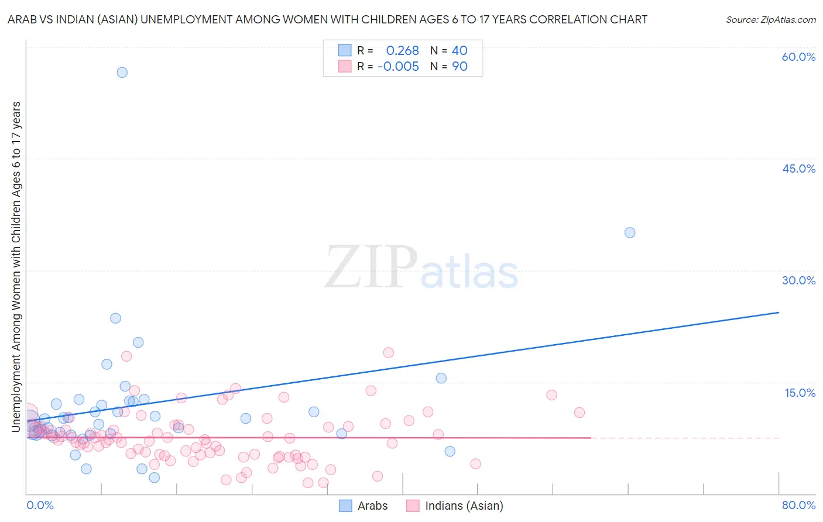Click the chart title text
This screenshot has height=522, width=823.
click(x=327, y=19)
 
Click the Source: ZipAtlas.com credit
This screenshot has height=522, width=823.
click(x=770, y=19)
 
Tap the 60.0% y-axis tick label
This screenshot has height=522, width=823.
click(x=798, y=57)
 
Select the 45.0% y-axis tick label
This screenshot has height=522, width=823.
click(x=798, y=169)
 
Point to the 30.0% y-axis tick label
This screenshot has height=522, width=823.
click(x=798, y=280)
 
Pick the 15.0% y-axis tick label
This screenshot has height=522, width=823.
click(x=800, y=393)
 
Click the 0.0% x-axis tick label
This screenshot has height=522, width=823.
click(x=40, y=505)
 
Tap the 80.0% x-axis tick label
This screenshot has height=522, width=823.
click(x=798, y=505)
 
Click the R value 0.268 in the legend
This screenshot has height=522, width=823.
click(x=402, y=51)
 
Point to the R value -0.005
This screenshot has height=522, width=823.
click(x=398, y=67)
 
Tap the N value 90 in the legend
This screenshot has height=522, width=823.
click(x=459, y=67)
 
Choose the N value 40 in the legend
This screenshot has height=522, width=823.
click(x=459, y=51)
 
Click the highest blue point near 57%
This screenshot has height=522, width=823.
click(x=122, y=73)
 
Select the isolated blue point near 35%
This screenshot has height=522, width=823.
click(x=630, y=232)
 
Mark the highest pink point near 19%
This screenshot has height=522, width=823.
click(x=388, y=352)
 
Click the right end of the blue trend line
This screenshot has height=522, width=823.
click(x=779, y=312)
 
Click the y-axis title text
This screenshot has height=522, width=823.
click(x=16, y=267)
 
